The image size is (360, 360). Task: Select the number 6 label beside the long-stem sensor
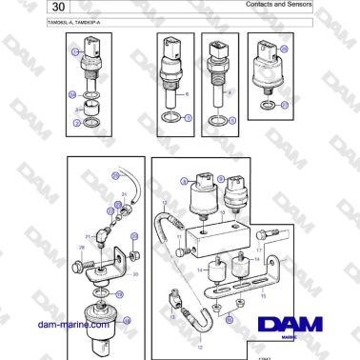[188, 94]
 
